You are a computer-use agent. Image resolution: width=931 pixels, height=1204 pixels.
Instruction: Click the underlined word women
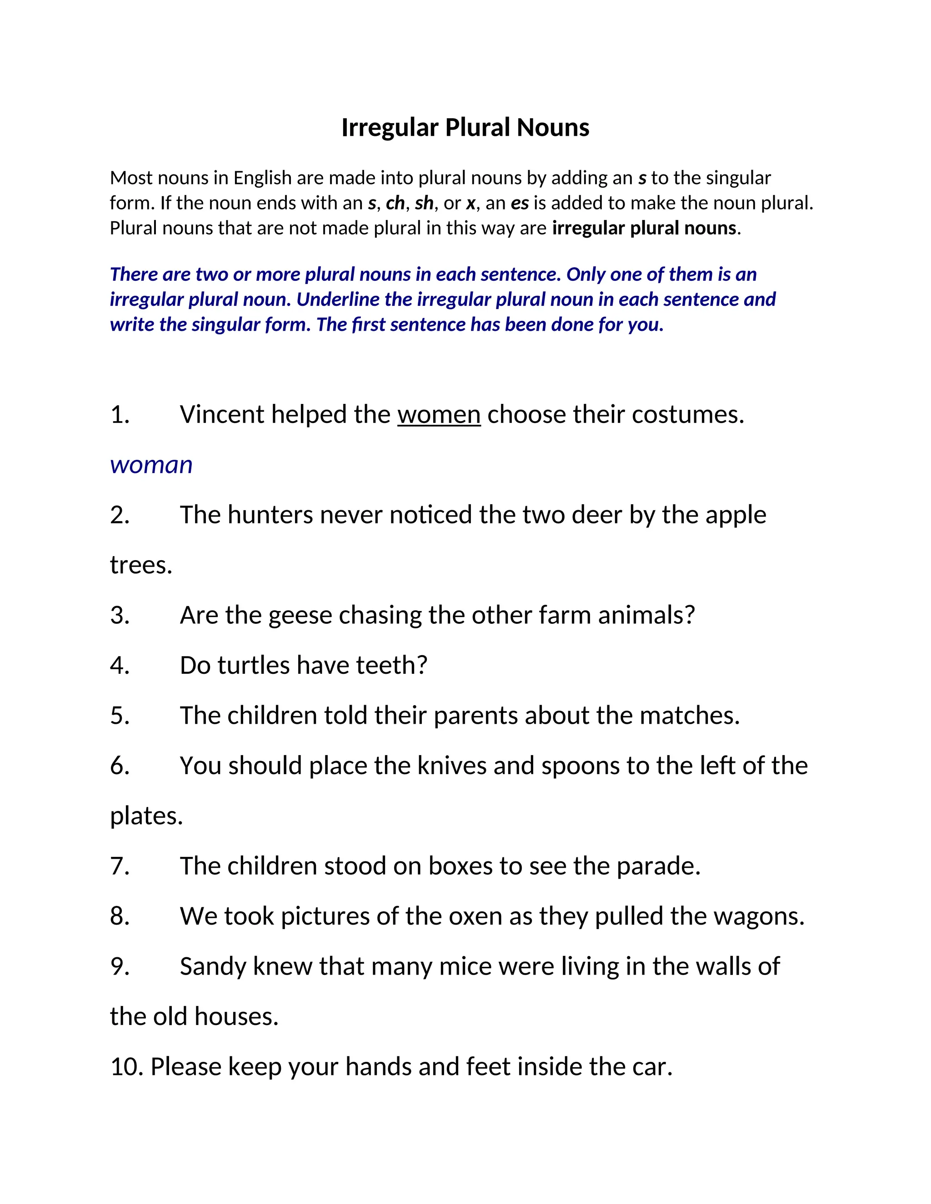coord(439,414)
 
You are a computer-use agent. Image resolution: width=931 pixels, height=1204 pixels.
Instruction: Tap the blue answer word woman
coord(151,465)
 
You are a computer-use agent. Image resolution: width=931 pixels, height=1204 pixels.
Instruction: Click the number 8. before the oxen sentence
coord(120,916)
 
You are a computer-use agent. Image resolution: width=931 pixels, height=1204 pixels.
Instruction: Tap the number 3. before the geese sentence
coord(120,615)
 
